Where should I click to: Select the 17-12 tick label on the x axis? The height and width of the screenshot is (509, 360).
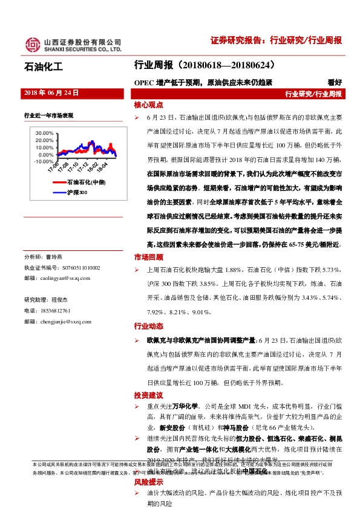pyautogui.click(x=84, y=166)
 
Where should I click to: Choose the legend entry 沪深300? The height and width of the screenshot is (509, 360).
pyautogui.click(x=77, y=192)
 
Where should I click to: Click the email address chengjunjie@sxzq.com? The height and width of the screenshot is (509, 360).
pyautogui.click(x=67, y=322)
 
